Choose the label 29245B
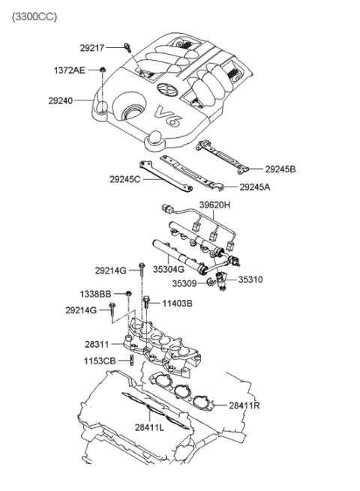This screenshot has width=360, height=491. click(280, 169)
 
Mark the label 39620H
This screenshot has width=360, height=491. click(216, 204)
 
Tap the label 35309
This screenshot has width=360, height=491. click(184, 283)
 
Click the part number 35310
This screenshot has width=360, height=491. click(250, 280)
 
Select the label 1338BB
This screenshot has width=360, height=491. click(95, 294)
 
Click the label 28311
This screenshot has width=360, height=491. click(97, 344)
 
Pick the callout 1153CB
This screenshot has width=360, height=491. click(100, 361)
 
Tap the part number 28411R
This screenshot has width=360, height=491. click(244, 406)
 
